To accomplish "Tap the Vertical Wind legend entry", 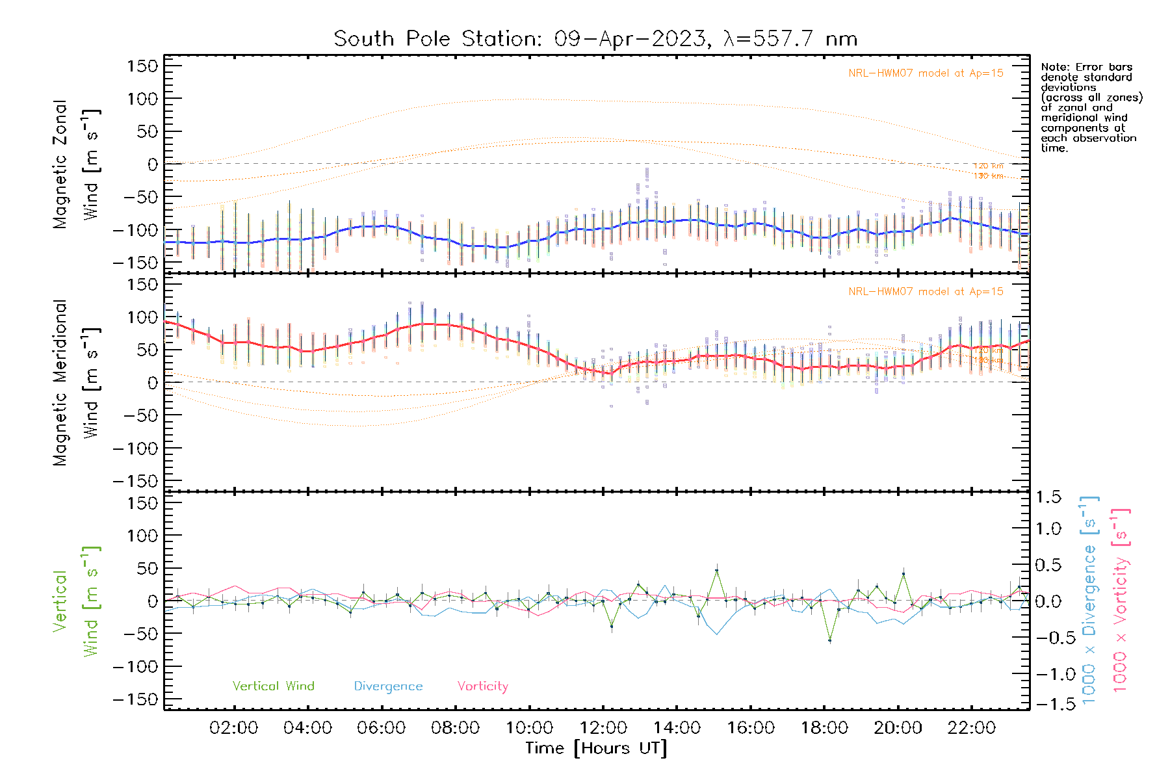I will (273, 686).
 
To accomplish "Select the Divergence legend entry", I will (388, 686).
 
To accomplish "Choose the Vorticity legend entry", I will (482, 686).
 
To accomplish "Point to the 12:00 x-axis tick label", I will (603, 727).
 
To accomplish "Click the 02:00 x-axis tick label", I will (234, 727).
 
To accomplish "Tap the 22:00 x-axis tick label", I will (972, 727).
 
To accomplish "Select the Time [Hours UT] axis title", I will (596, 748).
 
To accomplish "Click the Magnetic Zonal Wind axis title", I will (76, 164).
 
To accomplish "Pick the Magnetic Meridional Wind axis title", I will (76, 383).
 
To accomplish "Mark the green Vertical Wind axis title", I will (76, 601).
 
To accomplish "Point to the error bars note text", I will (1091, 107).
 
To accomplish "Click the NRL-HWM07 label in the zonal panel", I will (926, 73).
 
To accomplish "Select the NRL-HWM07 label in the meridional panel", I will (926, 291).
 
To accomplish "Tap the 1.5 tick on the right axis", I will (1048, 497).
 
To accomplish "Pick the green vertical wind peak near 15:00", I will (717, 570).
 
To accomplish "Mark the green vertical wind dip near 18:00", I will (829, 640).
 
